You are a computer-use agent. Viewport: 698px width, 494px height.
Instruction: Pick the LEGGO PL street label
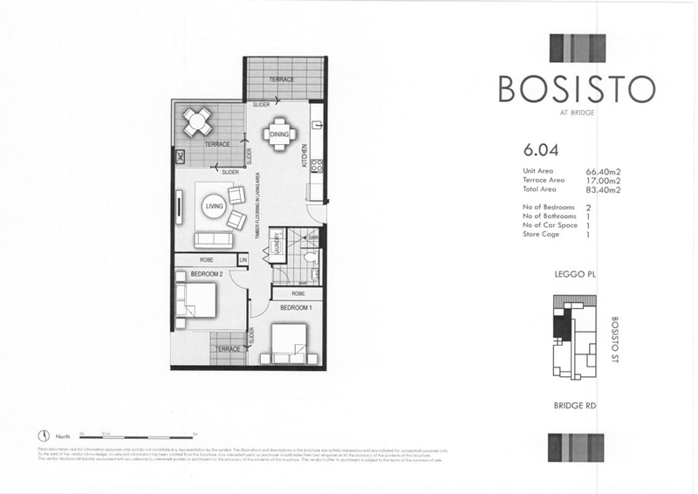point(574,274)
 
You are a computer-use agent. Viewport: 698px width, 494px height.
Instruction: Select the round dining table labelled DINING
point(279,134)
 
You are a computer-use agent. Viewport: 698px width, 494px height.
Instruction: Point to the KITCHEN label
point(305,155)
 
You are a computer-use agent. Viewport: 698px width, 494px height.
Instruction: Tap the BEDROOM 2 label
point(207,274)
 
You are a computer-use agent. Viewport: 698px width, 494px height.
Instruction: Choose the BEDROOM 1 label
point(296,308)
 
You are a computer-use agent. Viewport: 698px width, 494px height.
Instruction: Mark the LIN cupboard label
point(244,259)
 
